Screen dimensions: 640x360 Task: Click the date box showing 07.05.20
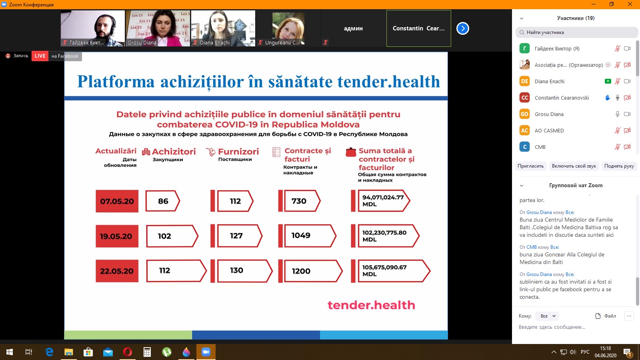point(117,201)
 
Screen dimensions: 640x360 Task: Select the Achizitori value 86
point(163,201)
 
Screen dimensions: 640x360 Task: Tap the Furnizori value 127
point(236,236)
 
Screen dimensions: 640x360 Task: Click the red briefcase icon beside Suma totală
point(351,152)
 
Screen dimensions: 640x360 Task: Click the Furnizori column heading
point(238,152)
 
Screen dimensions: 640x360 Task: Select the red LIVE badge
point(40,56)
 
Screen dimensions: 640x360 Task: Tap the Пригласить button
point(530,166)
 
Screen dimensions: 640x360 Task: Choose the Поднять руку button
point(619,166)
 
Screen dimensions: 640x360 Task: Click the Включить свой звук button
point(574,166)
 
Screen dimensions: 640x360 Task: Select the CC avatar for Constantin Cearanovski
point(524,98)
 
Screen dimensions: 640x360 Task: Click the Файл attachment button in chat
point(606,316)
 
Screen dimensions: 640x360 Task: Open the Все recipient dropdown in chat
point(547,316)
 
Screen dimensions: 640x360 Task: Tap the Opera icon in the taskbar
point(128,352)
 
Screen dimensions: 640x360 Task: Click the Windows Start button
point(10,352)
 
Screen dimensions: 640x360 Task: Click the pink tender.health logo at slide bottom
point(371,305)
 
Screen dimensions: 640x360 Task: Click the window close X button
point(630,4)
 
